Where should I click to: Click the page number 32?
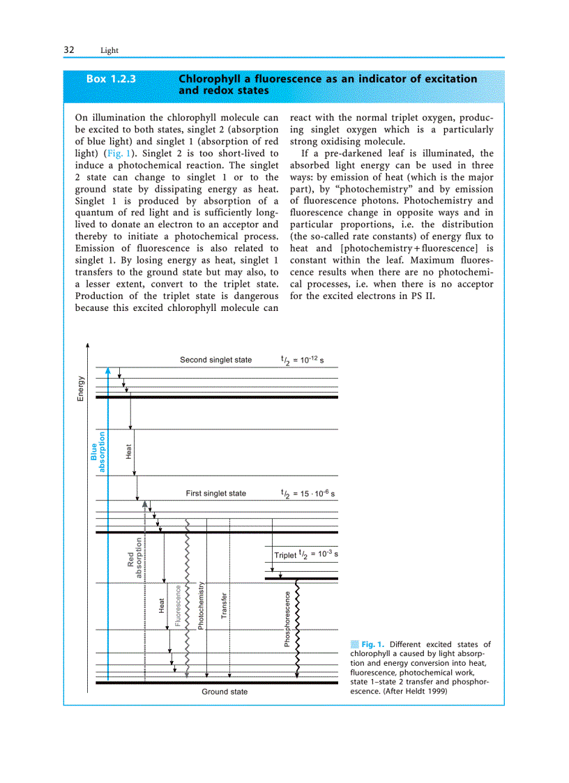coord(69,50)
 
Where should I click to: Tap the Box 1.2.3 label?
coord(111,79)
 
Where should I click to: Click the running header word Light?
coord(109,51)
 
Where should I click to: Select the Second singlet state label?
coord(215,360)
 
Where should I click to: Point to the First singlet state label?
coord(215,493)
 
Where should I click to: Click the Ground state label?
coord(225,692)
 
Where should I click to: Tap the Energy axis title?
coord(80,388)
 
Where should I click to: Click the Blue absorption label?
coord(98,452)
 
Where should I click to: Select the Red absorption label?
coord(134,558)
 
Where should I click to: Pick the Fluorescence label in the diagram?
coord(178,605)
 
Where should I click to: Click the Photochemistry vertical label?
coord(201,605)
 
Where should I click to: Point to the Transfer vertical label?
coord(224,605)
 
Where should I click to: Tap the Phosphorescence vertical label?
coord(287,618)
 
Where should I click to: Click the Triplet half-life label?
coord(306,555)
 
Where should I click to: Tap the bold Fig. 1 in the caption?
coord(373,644)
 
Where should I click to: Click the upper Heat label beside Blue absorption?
coord(128,452)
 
